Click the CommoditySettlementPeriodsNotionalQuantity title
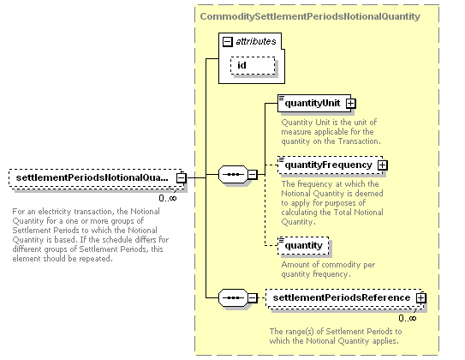pos(310,16)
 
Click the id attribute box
pos(253,66)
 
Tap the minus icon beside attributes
pos(228,41)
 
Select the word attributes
pos(256,41)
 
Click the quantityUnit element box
pos(314,103)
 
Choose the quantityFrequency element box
pos(330,165)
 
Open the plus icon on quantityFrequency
pos(383,165)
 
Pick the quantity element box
pos(303,246)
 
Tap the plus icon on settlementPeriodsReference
pos(420,298)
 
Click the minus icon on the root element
pos(182,178)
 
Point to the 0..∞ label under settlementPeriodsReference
pos(408,319)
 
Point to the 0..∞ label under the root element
pos(168,198)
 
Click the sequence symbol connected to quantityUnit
pos(233,175)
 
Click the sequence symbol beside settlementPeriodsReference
pos(233,298)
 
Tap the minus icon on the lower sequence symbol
pos(253,298)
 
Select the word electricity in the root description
pos(55,212)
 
